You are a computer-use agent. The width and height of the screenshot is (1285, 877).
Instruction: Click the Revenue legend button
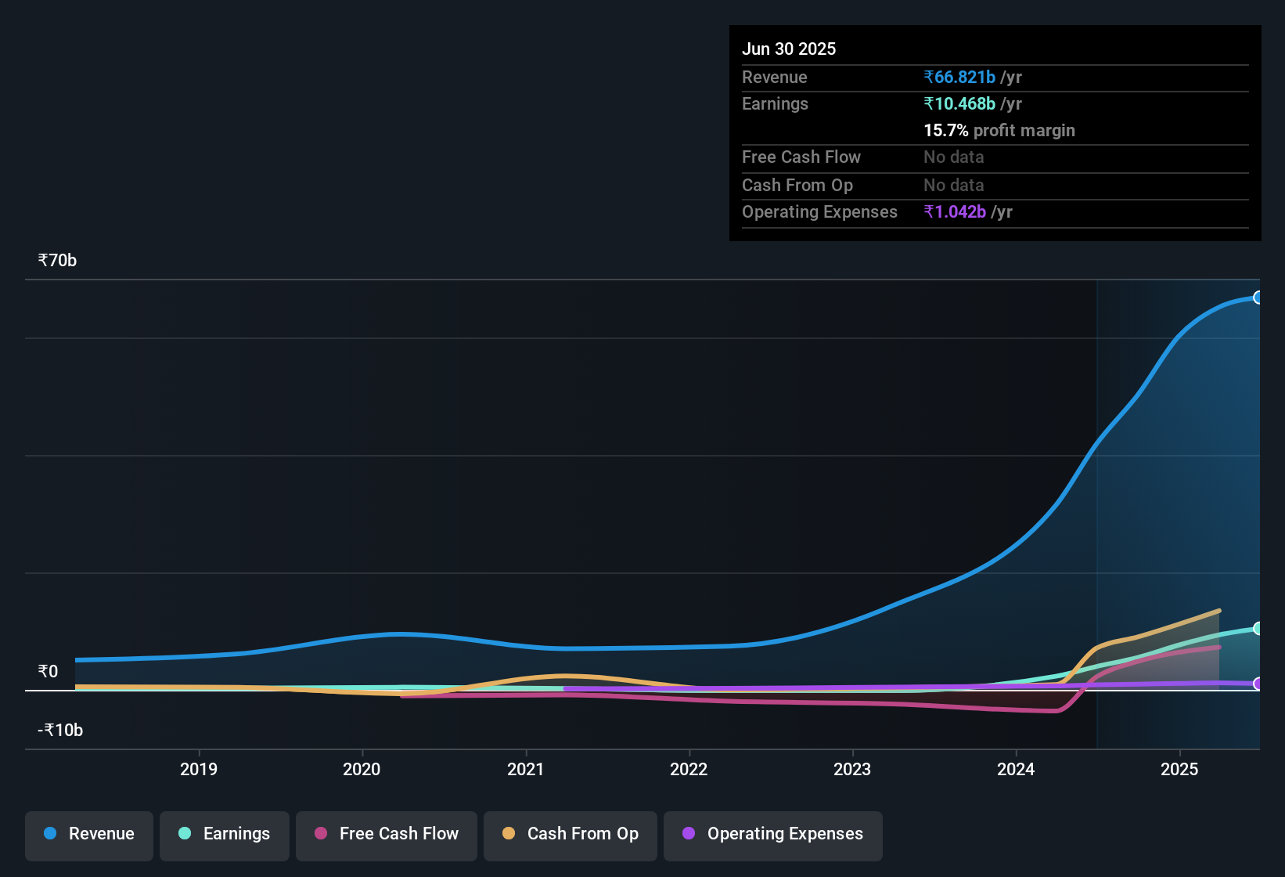click(x=89, y=834)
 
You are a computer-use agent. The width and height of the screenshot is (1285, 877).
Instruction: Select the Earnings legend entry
click(x=225, y=834)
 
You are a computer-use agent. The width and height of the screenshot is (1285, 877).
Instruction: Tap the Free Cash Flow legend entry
click(x=387, y=834)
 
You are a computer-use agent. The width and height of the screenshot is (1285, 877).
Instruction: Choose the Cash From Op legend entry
click(x=571, y=834)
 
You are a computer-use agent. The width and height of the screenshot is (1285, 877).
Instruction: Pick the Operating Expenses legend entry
click(x=773, y=834)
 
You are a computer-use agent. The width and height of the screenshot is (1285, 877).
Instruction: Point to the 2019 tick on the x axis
click(x=199, y=769)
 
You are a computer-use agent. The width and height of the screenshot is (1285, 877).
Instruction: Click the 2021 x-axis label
click(x=525, y=769)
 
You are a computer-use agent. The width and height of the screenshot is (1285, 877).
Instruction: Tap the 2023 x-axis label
click(x=852, y=769)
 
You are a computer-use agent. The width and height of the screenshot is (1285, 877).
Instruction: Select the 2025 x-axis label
click(x=1179, y=769)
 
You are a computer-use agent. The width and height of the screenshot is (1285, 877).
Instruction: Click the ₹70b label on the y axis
click(x=57, y=261)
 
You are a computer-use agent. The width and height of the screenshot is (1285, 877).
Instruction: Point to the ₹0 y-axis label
click(x=48, y=672)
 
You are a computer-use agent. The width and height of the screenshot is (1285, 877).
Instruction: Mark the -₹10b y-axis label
click(x=60, y=731)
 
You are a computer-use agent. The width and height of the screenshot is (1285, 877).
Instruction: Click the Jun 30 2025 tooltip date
click(x=789, y=49)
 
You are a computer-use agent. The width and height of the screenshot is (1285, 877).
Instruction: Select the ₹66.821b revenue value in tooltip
click(x=959, y=78)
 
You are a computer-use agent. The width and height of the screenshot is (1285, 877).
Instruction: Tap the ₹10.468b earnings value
click(x=959, y=104)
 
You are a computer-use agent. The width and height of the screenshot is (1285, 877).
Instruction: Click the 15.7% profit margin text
click(x=999, y=131)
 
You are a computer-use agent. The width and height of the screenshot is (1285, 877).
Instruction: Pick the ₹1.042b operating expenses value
click(x=955, y=212)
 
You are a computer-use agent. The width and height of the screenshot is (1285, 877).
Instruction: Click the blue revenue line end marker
click(x=1258, y=298)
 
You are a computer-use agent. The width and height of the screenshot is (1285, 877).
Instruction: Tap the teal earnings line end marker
click(x=1258, y=629)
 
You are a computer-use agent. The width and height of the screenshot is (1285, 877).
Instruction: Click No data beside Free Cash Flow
click(x=953, y=157)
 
